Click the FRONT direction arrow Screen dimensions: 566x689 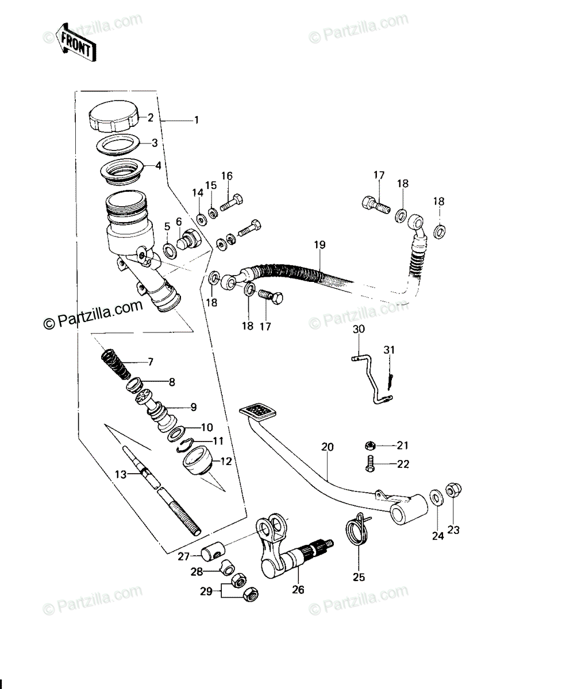coord(75,43)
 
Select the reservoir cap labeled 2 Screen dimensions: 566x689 coord(114,117)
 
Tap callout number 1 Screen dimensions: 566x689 coord(196,120)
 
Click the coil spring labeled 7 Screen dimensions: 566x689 coord(115,364)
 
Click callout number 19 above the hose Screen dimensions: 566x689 coord(320,245)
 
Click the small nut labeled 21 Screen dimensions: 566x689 coord(370,446)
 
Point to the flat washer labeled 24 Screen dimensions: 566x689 coord(437,498)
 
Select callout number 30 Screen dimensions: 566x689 coord(359,328)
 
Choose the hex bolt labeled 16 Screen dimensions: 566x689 coord(232,203)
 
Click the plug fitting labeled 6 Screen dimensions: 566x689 coord(189,240)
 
